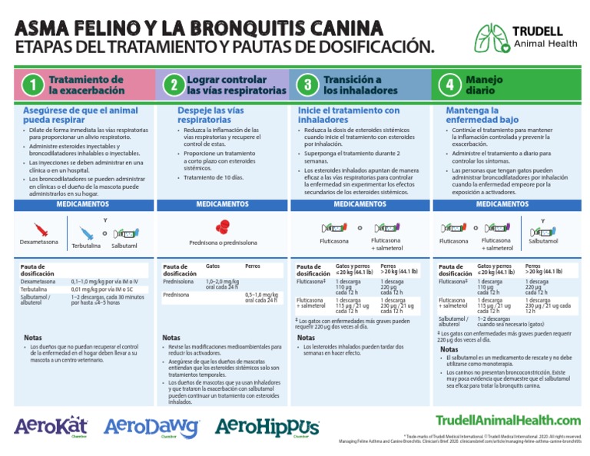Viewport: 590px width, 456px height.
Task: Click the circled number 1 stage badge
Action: pyautogui.click(x=31, y=85)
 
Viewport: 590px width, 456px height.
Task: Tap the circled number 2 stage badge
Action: pyautogui.click(x=174, y=85)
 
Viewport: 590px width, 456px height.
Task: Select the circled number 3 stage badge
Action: pyautogui.click(x=307, y=85)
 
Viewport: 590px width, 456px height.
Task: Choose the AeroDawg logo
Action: pyautogui.click(x=151, y=427)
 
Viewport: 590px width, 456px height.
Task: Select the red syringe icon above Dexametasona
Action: pyautogui.click(x=40, y=230)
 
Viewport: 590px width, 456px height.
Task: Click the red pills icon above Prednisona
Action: pyautogui.click(x=222, y=226)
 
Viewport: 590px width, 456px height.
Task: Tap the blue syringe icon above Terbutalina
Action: pyautogui.click(x=85, y=232)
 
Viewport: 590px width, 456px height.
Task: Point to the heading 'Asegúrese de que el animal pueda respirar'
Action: pyautogui.click(x=81, y=116)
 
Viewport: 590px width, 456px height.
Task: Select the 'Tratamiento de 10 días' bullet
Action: pyautogui.click(x=211, y=177)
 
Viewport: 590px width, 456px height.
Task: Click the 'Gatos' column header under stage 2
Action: pyautogui.click(x=213, y=266)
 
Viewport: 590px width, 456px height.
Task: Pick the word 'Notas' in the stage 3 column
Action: pyautogui.click(x=307, y=337)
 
